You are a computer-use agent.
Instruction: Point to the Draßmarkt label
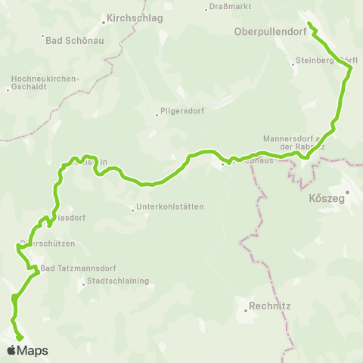[x=233, y=8]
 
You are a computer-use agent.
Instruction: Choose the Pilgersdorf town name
[x=179, y=114]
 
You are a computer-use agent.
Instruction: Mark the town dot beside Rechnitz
[x=247, y=308]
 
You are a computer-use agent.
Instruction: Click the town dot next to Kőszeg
[x=346, y=193]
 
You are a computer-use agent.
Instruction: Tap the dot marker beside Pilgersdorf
[x=157, y=115]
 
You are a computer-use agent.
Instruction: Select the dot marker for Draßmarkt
[x=207, y=9]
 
